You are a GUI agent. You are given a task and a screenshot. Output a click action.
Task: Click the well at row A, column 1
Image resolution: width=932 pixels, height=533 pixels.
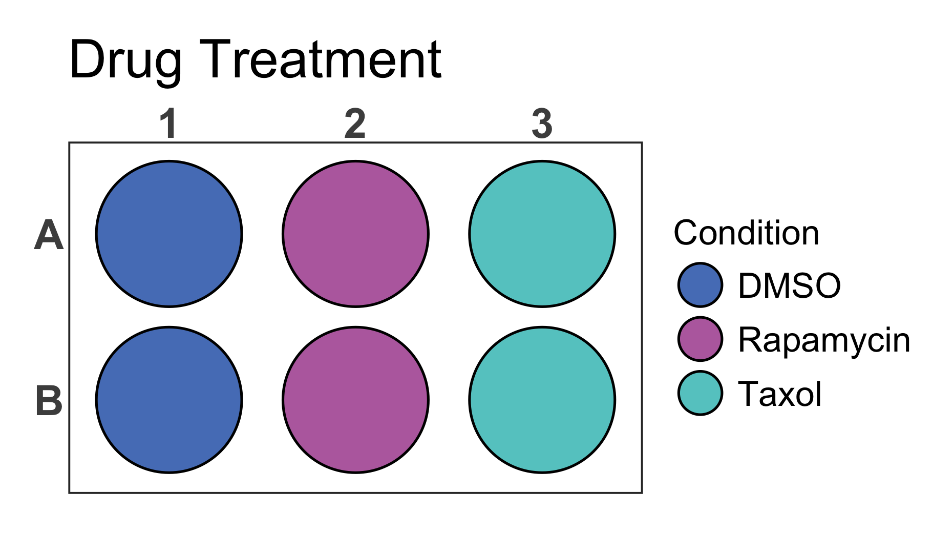click(169, 234)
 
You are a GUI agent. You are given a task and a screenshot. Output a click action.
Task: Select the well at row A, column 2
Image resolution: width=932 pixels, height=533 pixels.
click(355, 234)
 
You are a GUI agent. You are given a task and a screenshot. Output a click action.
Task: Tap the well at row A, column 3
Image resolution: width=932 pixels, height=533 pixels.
click(542, 234)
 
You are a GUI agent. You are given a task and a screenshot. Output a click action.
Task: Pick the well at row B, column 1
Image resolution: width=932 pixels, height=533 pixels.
click(169, 400)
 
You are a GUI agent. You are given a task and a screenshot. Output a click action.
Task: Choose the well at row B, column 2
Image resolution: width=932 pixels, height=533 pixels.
click(355, 400)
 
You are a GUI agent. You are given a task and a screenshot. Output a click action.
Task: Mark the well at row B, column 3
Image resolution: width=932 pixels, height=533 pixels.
click(542, 400)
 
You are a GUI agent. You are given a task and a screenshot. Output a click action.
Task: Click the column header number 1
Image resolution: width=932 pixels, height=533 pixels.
click(168, 124)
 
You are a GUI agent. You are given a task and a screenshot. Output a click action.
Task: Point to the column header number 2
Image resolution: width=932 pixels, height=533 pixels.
click(355, 124)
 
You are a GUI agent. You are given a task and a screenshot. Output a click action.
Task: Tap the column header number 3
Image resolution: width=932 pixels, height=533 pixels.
click(542, 124)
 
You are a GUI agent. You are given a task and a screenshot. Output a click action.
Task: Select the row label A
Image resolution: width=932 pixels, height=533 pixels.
click(49, 235)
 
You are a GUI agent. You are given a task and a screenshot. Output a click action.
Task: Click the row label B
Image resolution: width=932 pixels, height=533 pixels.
click(49, 401)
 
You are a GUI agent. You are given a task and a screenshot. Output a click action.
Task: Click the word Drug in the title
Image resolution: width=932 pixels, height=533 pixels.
click(125, 60)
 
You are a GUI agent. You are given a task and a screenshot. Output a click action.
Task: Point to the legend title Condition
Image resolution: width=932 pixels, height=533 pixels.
click(746, 233)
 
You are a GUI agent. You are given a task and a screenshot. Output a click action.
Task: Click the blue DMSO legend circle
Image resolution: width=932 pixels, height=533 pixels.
click(700, 285)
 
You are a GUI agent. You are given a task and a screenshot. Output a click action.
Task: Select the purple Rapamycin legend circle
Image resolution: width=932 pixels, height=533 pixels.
click(700, 339)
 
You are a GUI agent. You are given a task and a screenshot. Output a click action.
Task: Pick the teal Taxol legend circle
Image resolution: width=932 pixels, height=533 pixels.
click(700, 393)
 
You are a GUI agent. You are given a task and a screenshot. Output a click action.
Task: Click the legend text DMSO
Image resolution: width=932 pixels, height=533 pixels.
click(789, 285)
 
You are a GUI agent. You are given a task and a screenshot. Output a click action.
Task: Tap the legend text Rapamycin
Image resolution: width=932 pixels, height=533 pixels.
click(824, 340)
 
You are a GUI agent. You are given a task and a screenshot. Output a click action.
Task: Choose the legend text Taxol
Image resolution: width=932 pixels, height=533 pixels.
click(779, 394)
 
